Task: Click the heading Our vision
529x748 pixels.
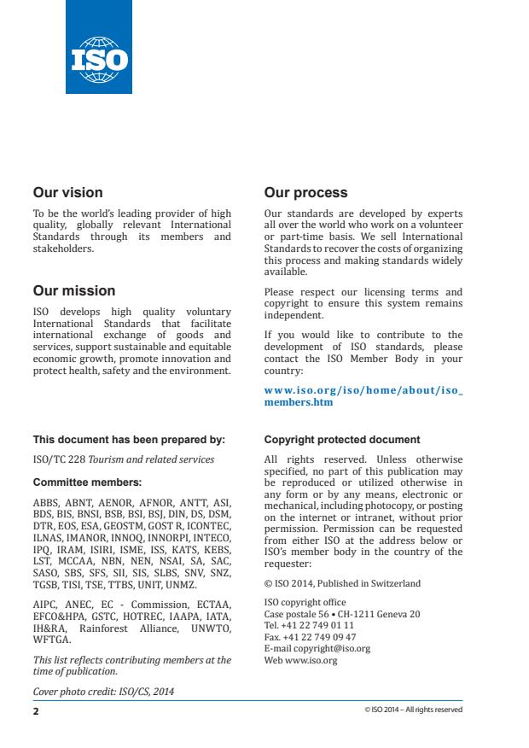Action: click(x=67, y=193)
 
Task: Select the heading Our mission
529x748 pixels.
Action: click(x=73, y=290)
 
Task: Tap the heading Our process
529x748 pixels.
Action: click(x=305, y=193)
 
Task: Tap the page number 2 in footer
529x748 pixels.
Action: click(x=36, y=709)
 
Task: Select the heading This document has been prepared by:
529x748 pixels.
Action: click(x=129, y=441)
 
